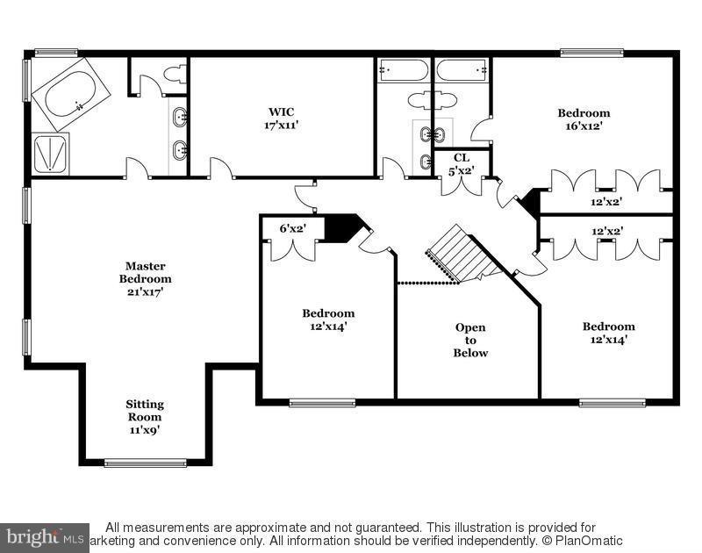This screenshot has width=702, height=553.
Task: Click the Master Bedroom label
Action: tap(145, 278)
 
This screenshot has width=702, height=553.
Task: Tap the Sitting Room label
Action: tap(145, 417)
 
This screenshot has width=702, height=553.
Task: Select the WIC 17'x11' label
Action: tap(281, 118)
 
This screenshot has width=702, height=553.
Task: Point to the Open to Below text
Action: tap(470, 340)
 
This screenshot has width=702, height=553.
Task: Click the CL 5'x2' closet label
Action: tap(462, 163)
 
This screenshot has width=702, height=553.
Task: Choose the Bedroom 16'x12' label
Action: tap(584, 118)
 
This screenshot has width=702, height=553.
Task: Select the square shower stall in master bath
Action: tap(50, 153)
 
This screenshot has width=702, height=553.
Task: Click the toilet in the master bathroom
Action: tap(174, 75)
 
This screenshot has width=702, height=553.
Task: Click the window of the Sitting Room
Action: tap(145, 462)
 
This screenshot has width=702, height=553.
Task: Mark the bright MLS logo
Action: tap(44, 535)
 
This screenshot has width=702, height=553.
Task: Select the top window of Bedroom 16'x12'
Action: tap(591, 53)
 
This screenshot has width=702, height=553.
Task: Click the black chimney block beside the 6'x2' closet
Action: tap(342, 226)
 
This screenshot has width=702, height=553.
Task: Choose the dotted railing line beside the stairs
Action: tap(428, 283)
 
